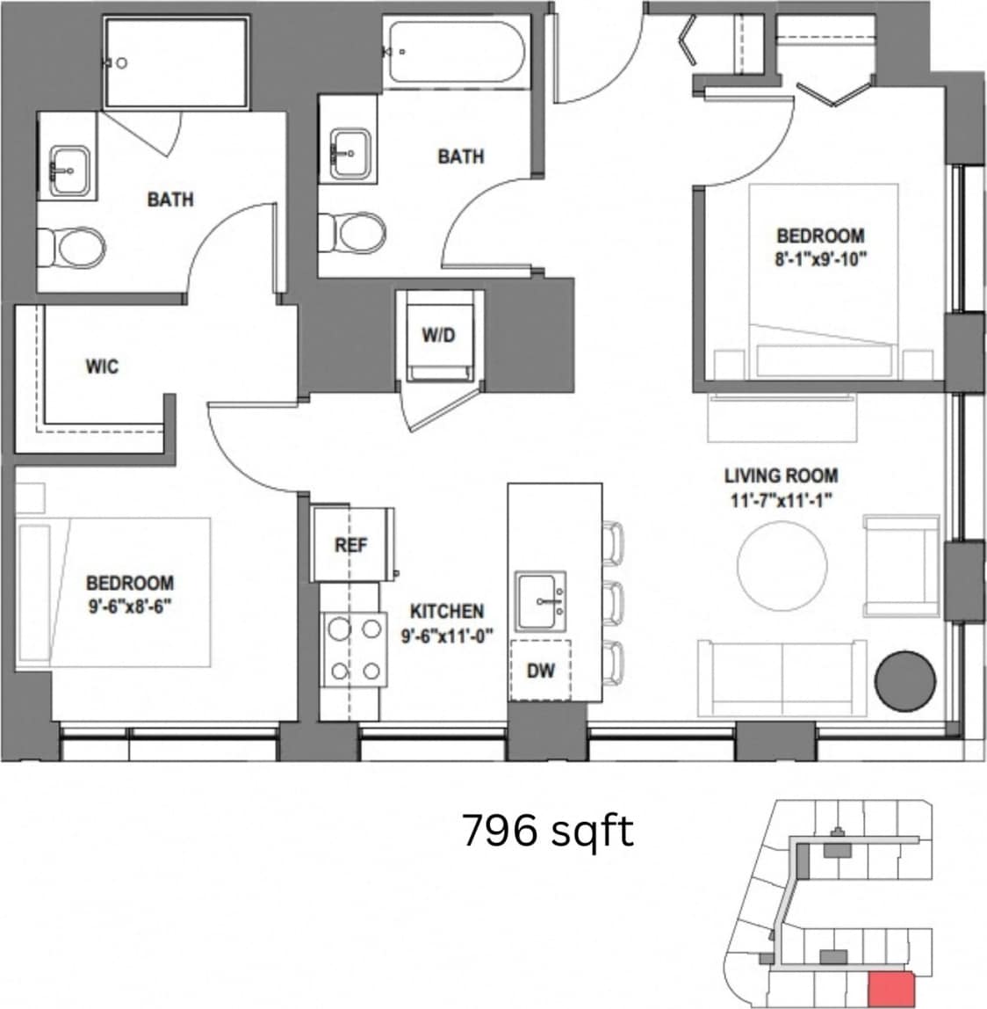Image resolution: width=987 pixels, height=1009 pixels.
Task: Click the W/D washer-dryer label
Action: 439,336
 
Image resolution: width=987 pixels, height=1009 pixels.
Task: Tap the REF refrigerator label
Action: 350,545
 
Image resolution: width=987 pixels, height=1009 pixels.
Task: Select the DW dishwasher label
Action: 542,671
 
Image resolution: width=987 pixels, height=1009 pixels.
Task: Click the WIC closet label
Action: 102,367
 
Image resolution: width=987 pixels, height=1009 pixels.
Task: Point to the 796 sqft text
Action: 547,831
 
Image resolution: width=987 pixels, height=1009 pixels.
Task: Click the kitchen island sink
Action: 542,601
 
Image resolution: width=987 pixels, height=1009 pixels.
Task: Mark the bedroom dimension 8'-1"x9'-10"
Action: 820,259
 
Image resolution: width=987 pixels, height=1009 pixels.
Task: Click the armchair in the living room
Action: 901,566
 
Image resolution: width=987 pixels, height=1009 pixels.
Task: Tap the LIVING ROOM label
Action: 781,475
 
